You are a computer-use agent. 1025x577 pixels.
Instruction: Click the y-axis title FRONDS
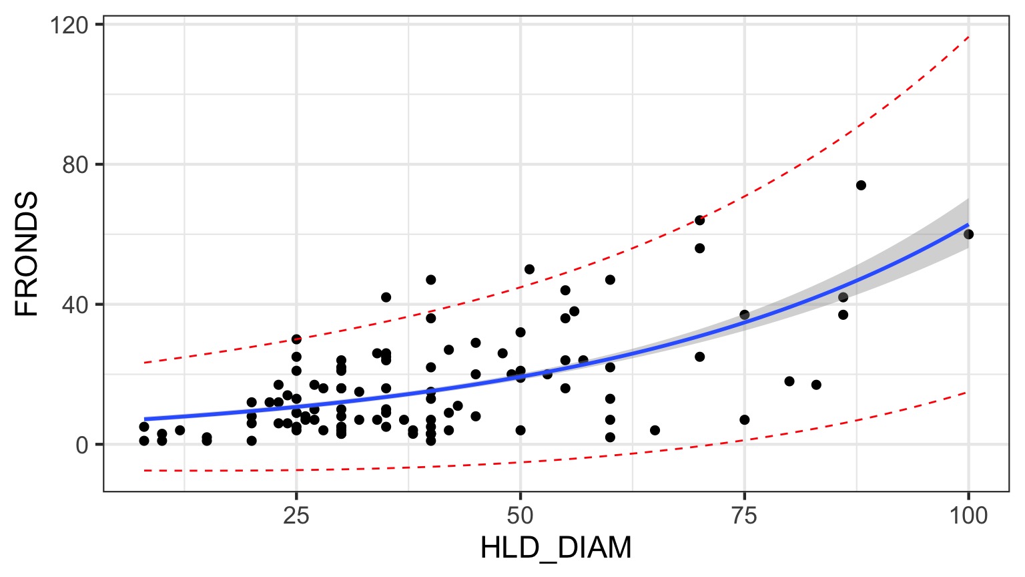[x=28, y=254]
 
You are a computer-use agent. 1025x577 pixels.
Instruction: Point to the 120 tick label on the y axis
[x=69, y=25]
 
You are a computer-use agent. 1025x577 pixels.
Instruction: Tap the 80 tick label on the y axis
[x=75, y=165]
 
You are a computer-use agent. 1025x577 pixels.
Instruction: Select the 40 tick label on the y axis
[x=75, y=305]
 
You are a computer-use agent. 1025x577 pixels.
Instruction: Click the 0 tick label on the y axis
[x=82, y=445]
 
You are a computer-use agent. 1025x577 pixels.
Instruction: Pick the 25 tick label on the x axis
[x=296, y=516]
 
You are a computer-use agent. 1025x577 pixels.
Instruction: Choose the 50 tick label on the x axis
[x=521, y=516]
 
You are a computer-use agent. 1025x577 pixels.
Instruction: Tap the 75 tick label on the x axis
[x=744, y=516]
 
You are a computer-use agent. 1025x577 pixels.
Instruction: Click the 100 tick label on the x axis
[x=968, y=516]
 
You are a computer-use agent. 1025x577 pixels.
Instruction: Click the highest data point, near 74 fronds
[x=861, y=185]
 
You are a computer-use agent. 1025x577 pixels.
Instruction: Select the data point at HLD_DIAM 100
[x=968, y=234]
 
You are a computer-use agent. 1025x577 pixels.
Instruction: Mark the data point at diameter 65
[x=655, y=430]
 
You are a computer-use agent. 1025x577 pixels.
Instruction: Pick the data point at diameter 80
[x=789, y=381]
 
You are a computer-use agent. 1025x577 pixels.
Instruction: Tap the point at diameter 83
[x=816, y=385]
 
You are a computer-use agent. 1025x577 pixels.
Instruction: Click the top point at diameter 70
[x=699, y=220]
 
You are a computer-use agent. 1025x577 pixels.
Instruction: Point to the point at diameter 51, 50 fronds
[x=529, y=269]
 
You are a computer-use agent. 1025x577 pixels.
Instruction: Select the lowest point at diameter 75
[x=745, y=420]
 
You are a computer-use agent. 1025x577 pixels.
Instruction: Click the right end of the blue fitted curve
[x=968, y=224]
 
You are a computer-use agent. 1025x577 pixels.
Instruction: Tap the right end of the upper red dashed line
[x=968, y=37]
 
